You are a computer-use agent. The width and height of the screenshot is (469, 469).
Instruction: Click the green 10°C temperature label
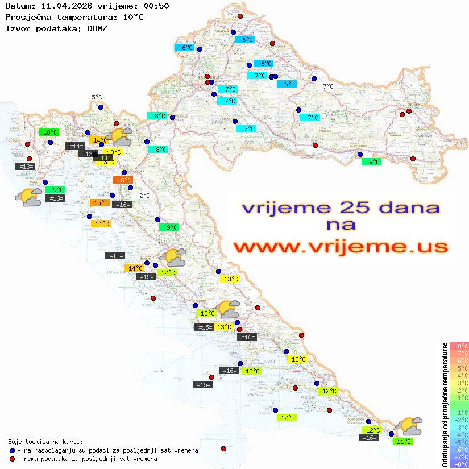click(49, 132)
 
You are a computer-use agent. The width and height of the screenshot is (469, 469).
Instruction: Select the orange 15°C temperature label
click(100, 203)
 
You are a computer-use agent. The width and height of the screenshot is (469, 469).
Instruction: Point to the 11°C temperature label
click(404, 441)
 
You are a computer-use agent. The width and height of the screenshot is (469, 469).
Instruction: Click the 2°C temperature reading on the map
click(144, 195)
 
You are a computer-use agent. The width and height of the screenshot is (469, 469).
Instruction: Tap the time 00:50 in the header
click(157, 6)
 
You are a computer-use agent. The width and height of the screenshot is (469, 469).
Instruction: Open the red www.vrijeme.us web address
click(340, 247)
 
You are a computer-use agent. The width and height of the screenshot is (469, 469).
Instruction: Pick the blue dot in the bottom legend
click(13, 450)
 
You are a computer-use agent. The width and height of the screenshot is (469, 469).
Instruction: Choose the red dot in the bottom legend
click(13, 459)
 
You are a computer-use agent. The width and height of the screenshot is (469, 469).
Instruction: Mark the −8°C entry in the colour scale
click(459, 464)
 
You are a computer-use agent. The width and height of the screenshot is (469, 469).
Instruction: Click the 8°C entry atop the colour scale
click(459, 346)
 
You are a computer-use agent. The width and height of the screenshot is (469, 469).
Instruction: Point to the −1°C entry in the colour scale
click(459, 412)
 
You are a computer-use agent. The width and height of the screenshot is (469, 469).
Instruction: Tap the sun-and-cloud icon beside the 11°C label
click(409, 426)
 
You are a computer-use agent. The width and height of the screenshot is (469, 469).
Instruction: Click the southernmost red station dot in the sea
click(223, 449)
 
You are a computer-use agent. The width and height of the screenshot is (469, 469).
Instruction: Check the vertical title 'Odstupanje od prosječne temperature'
click(445, 405)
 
